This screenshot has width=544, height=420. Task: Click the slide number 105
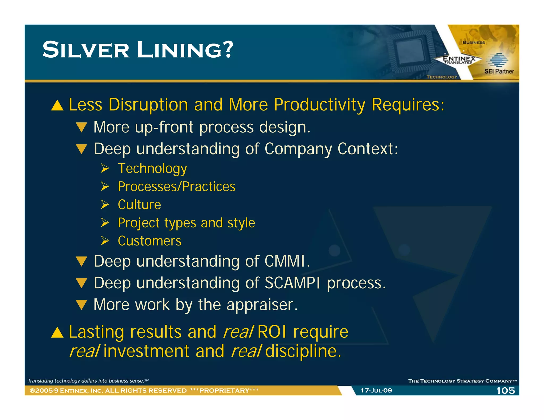505,391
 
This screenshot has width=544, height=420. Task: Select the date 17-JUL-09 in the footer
376,391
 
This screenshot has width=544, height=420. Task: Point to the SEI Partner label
499,71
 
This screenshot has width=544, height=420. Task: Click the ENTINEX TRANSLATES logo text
459,60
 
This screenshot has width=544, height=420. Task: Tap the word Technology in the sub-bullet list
152,169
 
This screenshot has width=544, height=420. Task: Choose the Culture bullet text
139,205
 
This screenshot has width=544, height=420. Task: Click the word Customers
150,241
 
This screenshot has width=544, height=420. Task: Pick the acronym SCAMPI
292,283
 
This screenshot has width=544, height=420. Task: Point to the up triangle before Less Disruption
57,105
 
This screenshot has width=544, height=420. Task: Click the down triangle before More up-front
81,127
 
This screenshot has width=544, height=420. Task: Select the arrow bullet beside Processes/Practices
105,186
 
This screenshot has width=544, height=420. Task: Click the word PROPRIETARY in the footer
224,391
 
